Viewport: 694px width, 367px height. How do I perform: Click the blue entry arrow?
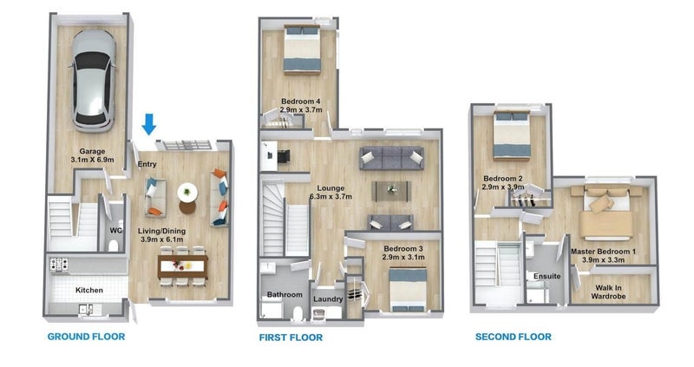click(x=149, y=124)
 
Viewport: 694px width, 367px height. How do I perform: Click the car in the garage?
click(x=93, y=81)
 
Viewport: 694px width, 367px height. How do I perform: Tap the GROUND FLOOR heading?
click(x=86, y=337)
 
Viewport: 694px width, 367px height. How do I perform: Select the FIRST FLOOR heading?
click(x=291, y=338)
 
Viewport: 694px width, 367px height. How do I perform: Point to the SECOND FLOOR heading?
click(x=514, y=337)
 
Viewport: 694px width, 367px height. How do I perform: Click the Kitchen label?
click(x=89, y=291)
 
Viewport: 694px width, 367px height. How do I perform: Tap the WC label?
click(x=116, y=230)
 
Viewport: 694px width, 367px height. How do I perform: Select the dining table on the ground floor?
click(x=183, y=266)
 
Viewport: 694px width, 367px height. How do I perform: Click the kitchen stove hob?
click(x=59, y=264)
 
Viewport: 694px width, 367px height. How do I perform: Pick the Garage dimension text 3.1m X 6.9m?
click(x=92, y=160)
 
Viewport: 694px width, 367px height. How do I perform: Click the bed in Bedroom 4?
click(x=301, y=49)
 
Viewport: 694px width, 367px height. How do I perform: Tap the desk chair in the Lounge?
click(x=283, y=155)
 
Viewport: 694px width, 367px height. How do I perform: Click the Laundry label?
click(x=328, y=298)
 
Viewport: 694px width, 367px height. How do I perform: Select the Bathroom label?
click(x=285, y=294)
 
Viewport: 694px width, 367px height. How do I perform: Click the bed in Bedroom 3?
click(x=408, y=290)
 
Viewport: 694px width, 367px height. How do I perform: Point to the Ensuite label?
click(x=547, y=276)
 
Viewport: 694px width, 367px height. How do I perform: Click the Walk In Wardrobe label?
click(x=608, y=292)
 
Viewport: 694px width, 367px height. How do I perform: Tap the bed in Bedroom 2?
click(x=512, y=134)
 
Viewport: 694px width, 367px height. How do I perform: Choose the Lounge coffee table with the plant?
click(x=392, y=190)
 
